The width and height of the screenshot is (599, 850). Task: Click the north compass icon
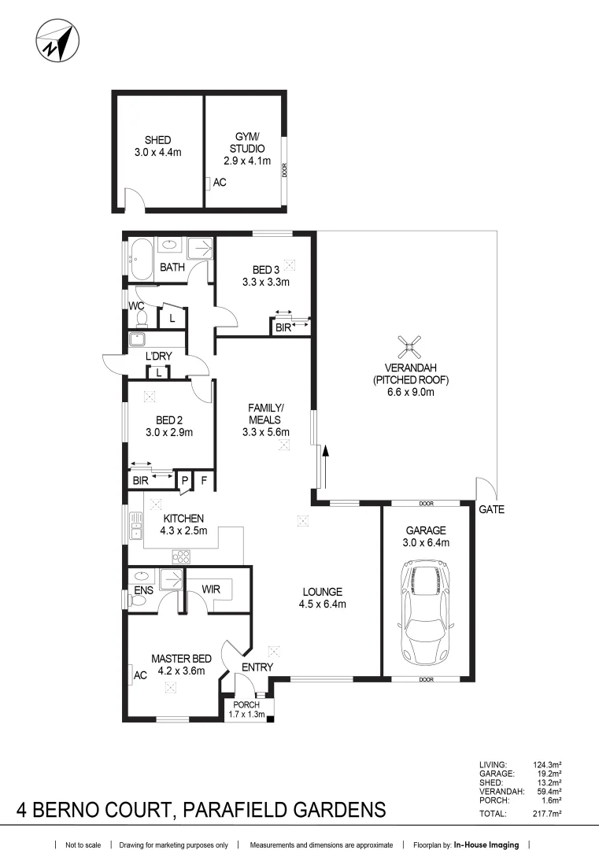57,42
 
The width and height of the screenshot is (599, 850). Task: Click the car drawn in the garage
426,612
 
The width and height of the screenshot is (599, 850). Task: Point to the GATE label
491,510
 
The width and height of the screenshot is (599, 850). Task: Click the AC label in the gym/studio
220,183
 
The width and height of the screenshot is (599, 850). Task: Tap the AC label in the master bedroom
141,675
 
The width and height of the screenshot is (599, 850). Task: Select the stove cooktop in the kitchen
182,556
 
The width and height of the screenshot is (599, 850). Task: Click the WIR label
211,589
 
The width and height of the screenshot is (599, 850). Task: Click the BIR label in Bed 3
283,328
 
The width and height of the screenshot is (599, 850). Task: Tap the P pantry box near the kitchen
185,479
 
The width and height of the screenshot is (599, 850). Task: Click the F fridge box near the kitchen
203,479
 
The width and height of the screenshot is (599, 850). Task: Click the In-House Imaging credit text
486,844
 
